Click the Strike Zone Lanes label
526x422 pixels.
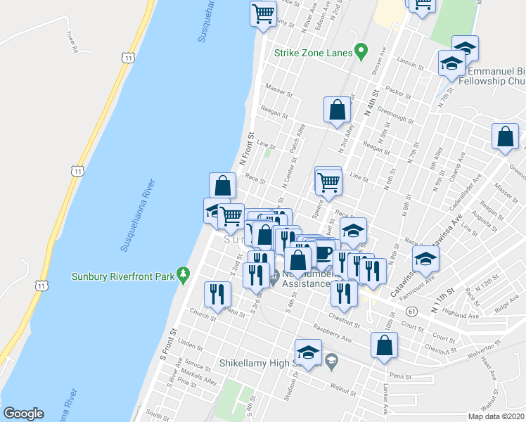pyautogui.click(x=312, y=52)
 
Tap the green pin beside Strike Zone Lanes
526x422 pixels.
pyautogui.click(x=361, y=51)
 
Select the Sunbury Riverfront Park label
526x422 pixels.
pyautogui.click(x=123, y=276)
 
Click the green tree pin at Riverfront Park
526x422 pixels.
pyautogui.click(x=184, y=274)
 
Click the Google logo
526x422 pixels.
pyautogui.click(x=23, y=414)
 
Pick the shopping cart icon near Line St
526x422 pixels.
pyautogui.click(x=328, y=182)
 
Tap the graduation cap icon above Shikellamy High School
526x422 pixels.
pyautogui.click(x=308, y=352)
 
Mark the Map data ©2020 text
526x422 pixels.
pyautogui.click(x=496, y=416)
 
